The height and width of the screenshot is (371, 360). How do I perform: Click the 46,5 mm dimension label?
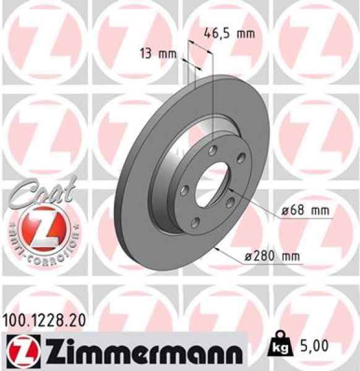click(x=229, y=34)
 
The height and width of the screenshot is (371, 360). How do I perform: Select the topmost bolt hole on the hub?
click(x=213, y=150)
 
